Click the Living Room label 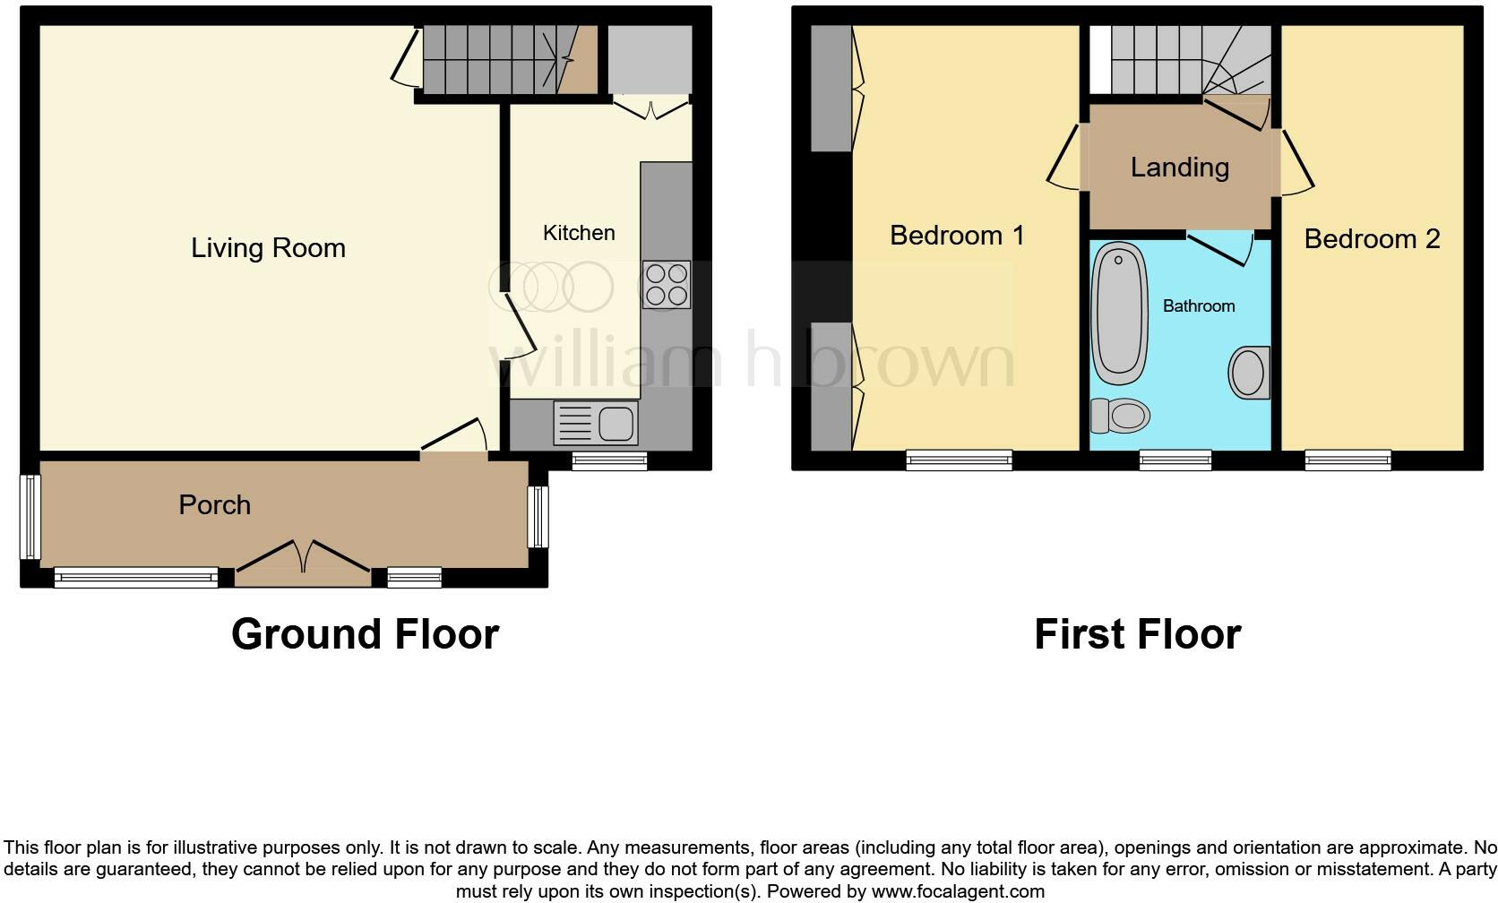coord(268,248)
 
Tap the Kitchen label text coord(579,233)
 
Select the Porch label coord(215,505)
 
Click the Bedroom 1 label coord(957,236)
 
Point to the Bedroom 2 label coord(1372,239)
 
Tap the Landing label coord(1180,168)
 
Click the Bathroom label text coord(1199,305)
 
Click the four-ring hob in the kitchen coord(667,284)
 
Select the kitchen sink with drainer coord(596,423)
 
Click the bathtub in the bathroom coord(1120,313)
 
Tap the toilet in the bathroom coord(1120,416)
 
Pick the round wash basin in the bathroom coord(1249,373)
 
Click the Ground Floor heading coord(366,634)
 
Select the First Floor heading coord(1138,634)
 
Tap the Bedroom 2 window coord(1347,460)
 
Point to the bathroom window coord(1175,460)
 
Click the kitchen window coord(610,460)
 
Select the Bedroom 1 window coord(959,460)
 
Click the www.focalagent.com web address coord(958,891)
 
